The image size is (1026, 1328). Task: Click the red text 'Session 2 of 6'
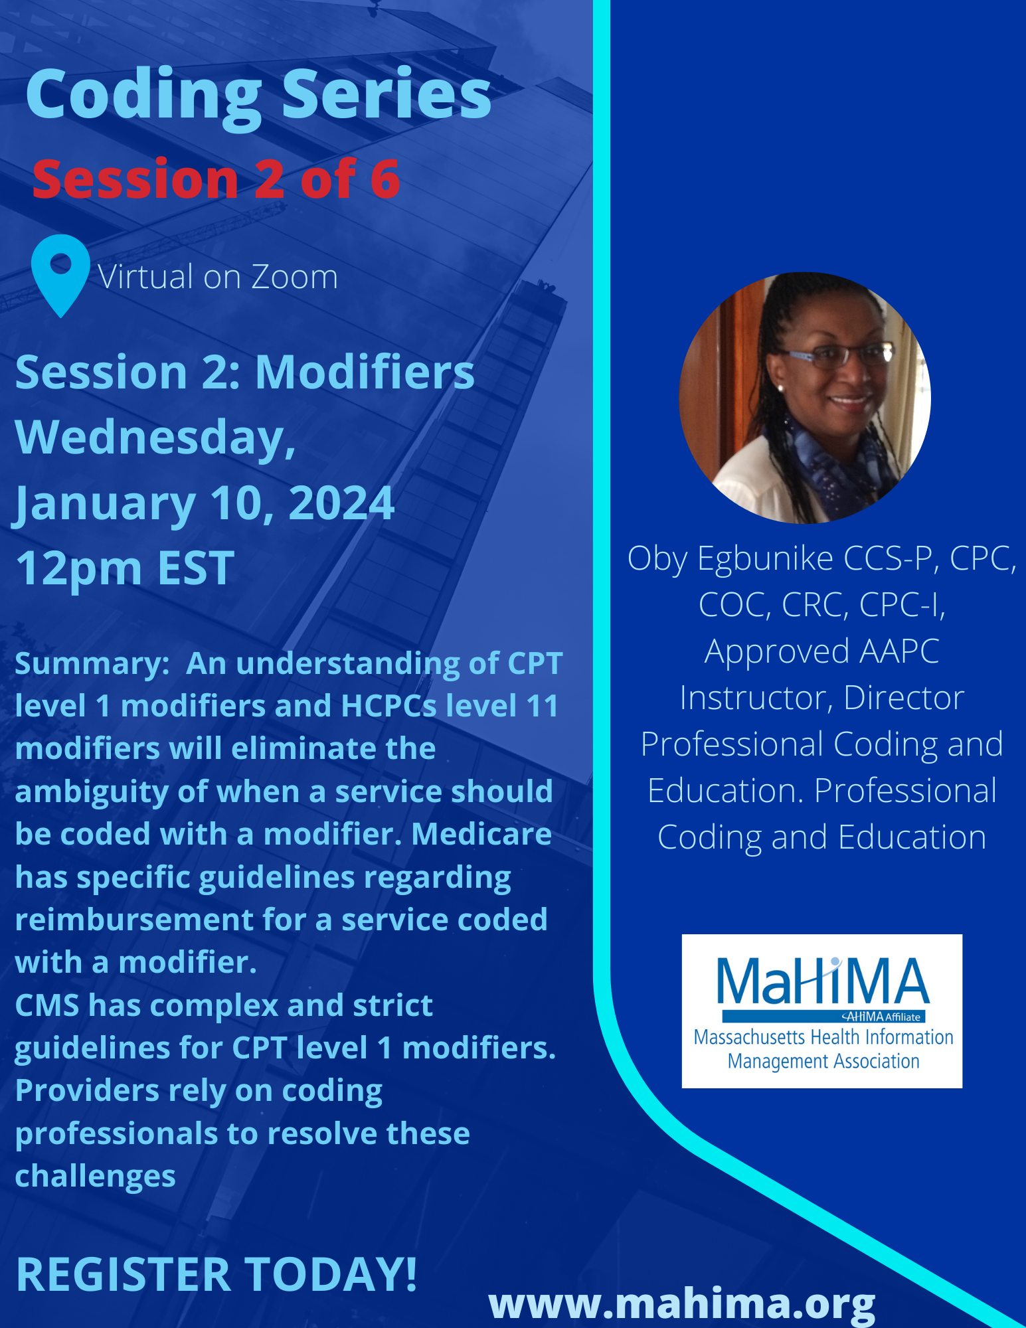click(x=216, y=179)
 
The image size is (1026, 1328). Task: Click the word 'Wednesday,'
click(x=155, y=438)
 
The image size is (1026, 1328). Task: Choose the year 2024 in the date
click(x=341, y=503)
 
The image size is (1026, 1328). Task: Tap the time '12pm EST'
click(x=125, y=569)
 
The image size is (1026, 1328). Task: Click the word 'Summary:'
click(x=92, y=664)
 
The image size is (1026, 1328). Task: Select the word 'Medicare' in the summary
click(x=481, y=834)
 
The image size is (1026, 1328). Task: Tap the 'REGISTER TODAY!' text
click(x=216, y=1274)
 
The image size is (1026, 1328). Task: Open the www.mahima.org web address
click(x=682, y=1305)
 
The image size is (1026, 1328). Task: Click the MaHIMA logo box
click(x=822, y=1011)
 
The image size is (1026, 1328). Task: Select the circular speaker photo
click(x=805, y=398)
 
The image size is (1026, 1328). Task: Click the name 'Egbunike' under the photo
click(x=765, y=558)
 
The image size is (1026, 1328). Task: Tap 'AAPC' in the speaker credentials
click(x=899, y=651)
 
